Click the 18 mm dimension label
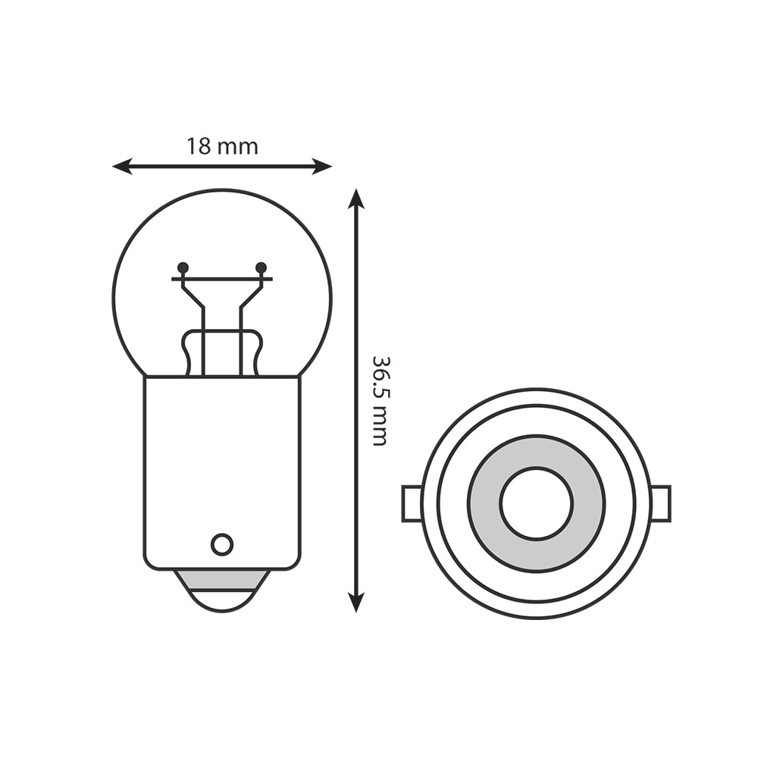(x=222, y=146)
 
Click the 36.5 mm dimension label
(x=380, y=400)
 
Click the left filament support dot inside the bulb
(x=183, y=268)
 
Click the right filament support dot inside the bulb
(x=262, y=268)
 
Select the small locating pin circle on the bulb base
(x=222, y=544)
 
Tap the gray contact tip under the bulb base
(x=221, y=581)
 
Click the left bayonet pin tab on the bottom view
(x=412, y=503)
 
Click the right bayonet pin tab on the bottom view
(x=660, y=503)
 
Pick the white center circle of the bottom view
(x=536, y=503)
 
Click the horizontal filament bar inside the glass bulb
(x=222, y=279)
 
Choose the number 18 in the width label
(x=199, y=146)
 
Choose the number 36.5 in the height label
(x=380, y=379)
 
